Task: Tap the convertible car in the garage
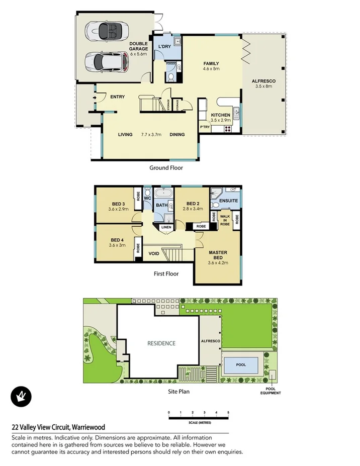pyautogui.click(x=104, y=31)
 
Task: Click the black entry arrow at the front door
pyautogui.click(x=94, y=98)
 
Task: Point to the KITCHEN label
pyautogui.click(x=220, y=115)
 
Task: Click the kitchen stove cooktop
pyautogui.click(x=227, y=128)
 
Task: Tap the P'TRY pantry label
pyautogui.click(x=205, y=128)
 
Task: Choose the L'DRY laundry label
pyautogui.click(x=164, y=47)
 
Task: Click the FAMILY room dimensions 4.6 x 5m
pyautogui.click(x=211, y=69)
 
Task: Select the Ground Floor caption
pyautogui.click(x=166, y=168)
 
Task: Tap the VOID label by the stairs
pyautogui.click(x=154, y=253)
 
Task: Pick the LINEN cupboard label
pyautogui.click(x=166, y=227)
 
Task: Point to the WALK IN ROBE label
pyautogui.click(x=225, y=220)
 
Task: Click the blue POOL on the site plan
pyautogui.click(x=241, y=365)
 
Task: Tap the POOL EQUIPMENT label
pyautogui.click(x=271, y=390)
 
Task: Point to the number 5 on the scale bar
pyautogui.click(x=229, y=413)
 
